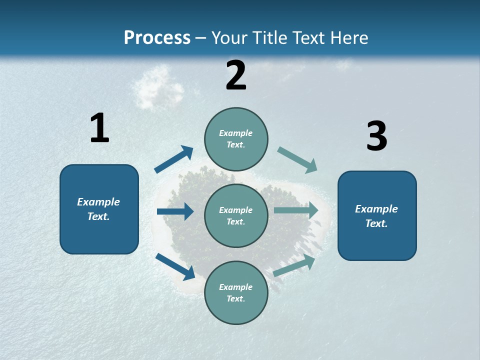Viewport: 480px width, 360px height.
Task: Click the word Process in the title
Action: tap(157, 38)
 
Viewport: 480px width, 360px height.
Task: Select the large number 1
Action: tap(99, 128)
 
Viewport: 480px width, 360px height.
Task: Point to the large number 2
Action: tap(236, 75)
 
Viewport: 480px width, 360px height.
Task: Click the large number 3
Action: tap(376, 136)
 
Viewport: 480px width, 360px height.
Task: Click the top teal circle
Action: tap(236, 139)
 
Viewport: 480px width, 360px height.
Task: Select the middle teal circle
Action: tap(236, 215)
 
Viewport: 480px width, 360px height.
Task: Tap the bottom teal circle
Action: tap(236, 292)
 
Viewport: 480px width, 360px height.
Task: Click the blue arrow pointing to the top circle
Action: tap(174, 159)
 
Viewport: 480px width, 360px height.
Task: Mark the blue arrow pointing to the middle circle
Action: tap(175, 211)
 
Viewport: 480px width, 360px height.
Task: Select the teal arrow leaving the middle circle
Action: tap(296, 210)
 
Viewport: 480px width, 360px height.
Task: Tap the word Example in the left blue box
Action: tap(98, 202)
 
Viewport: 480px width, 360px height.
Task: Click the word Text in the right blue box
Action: tap(376, 223)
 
